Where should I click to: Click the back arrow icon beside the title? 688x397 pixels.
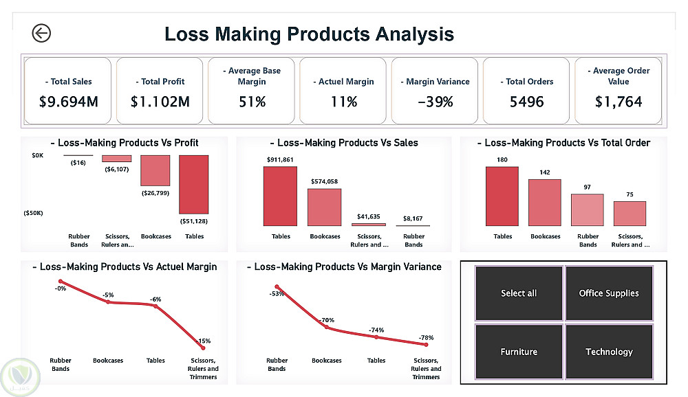click(x=41, y=33)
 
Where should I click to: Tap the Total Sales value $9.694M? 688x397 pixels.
click(x=69, y=102)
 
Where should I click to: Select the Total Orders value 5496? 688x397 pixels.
click(x=526, y=102)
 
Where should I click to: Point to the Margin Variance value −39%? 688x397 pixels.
click(x=435, y=102)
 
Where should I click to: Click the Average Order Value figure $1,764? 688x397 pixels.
click(x=618, y=102)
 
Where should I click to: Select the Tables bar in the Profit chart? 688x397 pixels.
click(x=194, y=183)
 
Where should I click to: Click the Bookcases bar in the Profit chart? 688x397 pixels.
click(x=155, y=170)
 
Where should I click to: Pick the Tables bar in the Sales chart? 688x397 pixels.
click(x=280, y=196)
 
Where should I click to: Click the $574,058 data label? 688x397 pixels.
click(x=324, y=182)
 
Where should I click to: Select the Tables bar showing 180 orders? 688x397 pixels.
click(x=502, y=196)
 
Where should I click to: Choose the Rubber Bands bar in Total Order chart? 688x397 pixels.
click(x=588, y=209)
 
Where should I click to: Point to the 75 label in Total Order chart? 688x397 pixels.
click(x=630, y=195)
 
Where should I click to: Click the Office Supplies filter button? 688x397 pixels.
click(x=609, y=293)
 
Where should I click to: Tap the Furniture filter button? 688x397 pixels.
click(x=519, y=352)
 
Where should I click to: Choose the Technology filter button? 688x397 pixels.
click(x=609, y=352)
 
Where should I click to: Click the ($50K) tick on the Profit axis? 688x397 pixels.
click(x=32, y=213)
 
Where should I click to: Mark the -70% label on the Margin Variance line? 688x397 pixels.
click(x=326, y=320)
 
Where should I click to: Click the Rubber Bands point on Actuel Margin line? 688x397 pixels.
click(x=61, y=281)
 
